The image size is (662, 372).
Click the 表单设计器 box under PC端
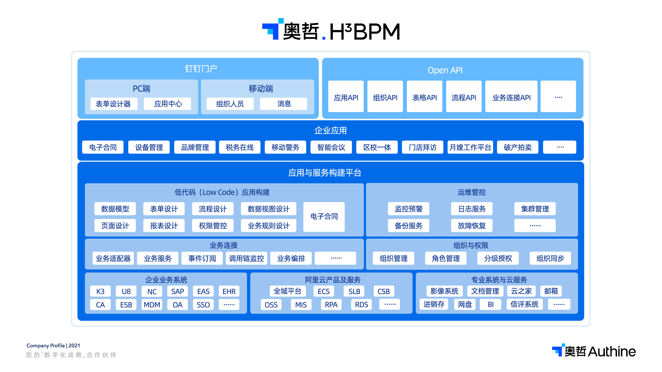[114, 104]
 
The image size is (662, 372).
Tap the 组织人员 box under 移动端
[230, 104]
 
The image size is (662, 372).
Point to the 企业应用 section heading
[331, 131]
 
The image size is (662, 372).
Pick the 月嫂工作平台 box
[470, 147]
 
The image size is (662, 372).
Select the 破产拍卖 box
[518, 147]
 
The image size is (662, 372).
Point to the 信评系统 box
[524, 304]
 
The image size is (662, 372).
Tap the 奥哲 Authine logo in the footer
[594, 351]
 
